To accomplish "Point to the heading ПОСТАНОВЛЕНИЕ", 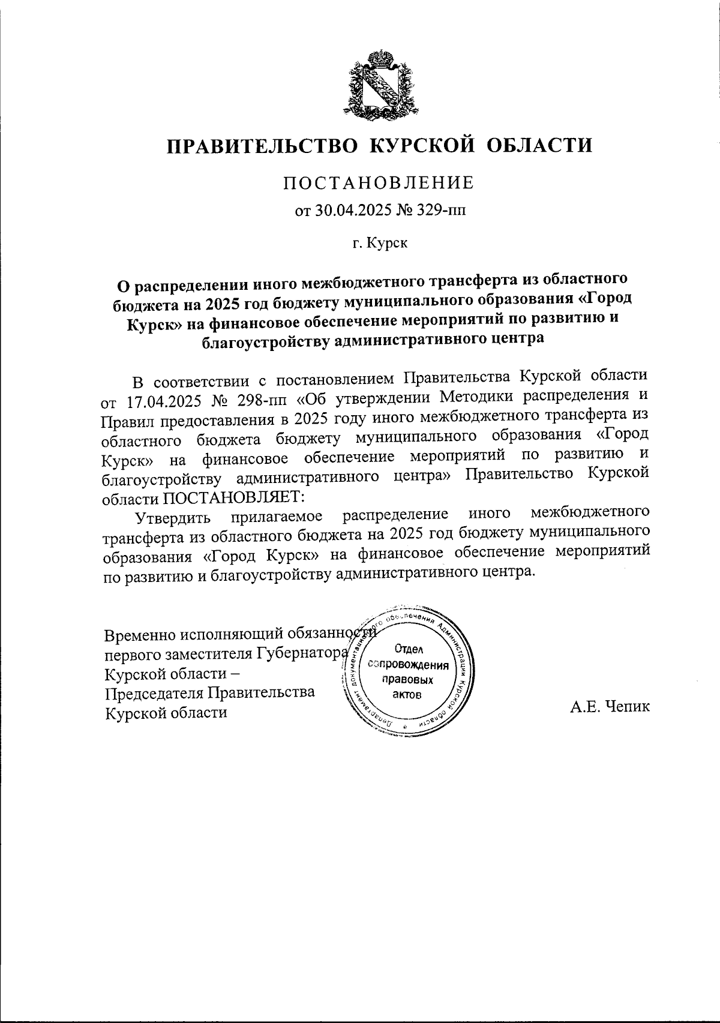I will pyautogui.click(x=379, y=182).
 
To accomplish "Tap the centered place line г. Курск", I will pyautogui.click(x=379, y=244).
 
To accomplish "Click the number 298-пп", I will pyautogui.click(x=263, y=398).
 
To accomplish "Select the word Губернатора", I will pyautogui.click(x=303, y=653).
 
